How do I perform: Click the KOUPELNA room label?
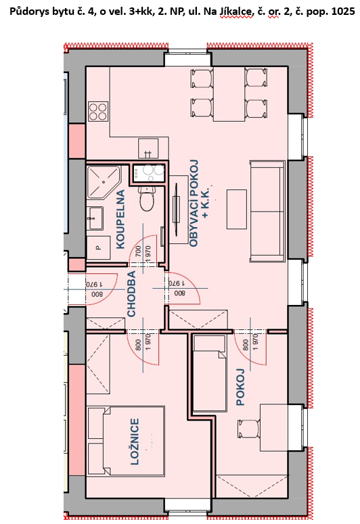click(120, 219)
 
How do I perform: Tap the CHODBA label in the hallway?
click(131, 293)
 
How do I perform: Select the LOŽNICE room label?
click(135, 442)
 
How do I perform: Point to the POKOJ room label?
click(240, 387)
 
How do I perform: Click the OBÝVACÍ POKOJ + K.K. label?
click(199, 204)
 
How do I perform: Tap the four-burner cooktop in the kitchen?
click(98, 112)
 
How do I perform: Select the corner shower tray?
click(104, 182)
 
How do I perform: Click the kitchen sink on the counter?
click(148, 148)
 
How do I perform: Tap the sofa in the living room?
click(267, 211)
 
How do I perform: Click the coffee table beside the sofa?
click(237, 209)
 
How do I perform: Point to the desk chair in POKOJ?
click(248, 429)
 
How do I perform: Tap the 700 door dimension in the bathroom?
click(139, 252)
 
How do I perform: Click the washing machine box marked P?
click(98, 247)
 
